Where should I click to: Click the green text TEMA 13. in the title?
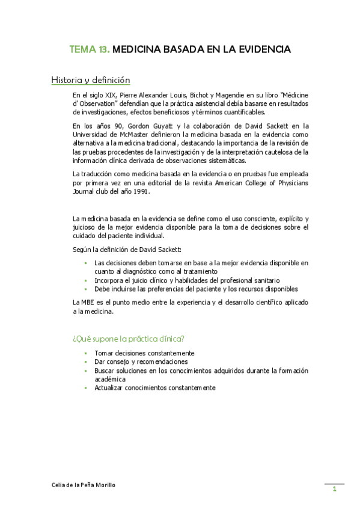[x=90, y=49]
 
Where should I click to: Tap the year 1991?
[x=138, y=192]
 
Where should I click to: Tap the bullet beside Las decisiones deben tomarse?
[x=86, y=263]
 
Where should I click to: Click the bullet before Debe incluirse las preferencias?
[x=86, y=289]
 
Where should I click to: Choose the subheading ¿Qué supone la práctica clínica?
[x=129, y=338]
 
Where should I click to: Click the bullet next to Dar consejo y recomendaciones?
[x=86, y=362]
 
